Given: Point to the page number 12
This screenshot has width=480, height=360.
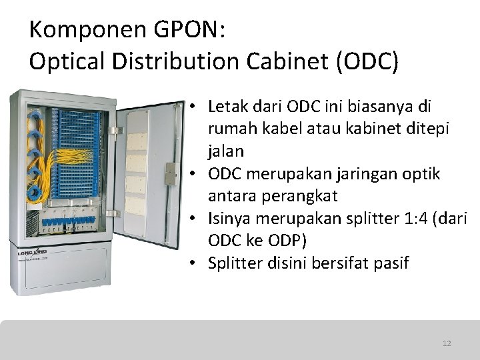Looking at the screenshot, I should pos(447,343).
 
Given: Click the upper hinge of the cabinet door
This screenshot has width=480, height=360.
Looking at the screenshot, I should pos(113,130).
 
